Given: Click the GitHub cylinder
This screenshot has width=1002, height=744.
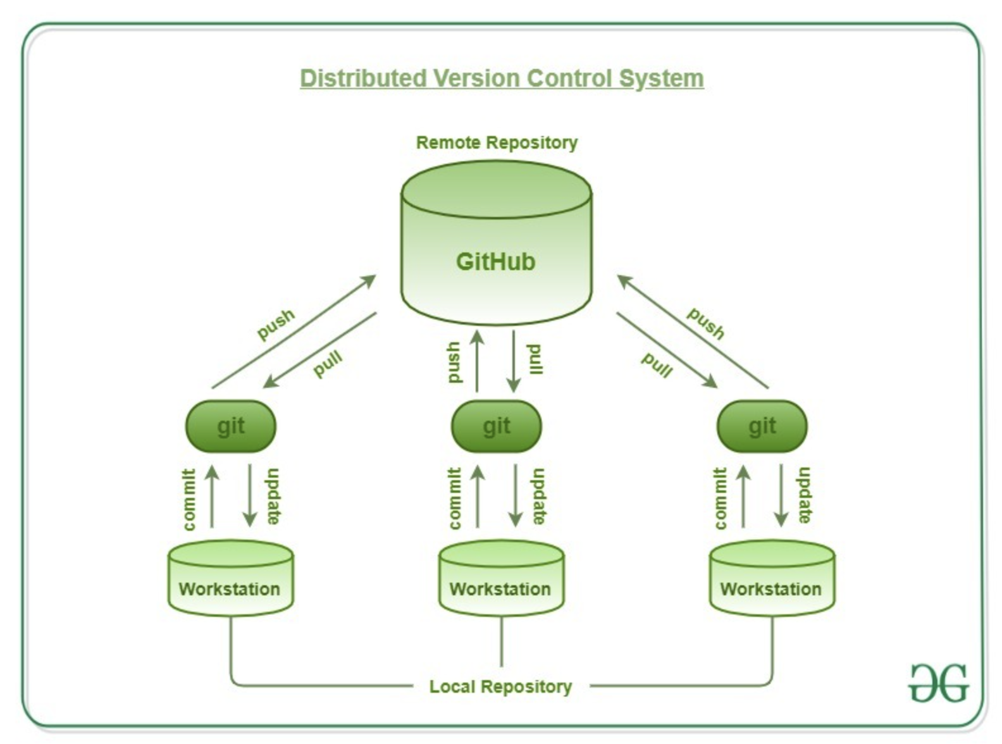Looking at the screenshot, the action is tap(497, 243).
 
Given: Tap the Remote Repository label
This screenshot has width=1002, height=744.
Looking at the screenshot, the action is tap(497, 143).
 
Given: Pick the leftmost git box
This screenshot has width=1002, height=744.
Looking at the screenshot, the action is tap(231, 426).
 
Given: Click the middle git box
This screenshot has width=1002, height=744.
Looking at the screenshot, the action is tap(497, 426).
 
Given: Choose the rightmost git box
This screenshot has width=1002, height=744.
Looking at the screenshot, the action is tap(762, 426).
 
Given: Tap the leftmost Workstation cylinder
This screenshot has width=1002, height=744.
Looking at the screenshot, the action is tap(231, 578).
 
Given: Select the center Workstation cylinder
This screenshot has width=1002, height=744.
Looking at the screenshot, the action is tap(502, 578).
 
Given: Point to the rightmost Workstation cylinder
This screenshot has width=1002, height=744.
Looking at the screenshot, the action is tap(772, 578).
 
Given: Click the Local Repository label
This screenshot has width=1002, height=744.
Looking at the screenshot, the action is tap(500, 686).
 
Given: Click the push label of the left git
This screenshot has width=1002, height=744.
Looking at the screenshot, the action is tap(276, 324).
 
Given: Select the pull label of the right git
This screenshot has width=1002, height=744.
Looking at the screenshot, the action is tap(657, 365).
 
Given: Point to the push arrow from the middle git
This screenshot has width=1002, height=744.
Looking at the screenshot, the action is tap(477, 361).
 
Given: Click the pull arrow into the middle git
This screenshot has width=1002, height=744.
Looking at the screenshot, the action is tap(514, 361).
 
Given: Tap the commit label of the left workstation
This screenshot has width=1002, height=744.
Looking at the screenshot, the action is tap(189, 499).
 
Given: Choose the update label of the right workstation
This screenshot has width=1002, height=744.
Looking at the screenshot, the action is tap(804, 495).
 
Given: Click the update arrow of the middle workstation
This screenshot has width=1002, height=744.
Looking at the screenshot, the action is tap(516, 496).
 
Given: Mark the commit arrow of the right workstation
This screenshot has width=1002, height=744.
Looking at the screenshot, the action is tap(743, 496).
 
